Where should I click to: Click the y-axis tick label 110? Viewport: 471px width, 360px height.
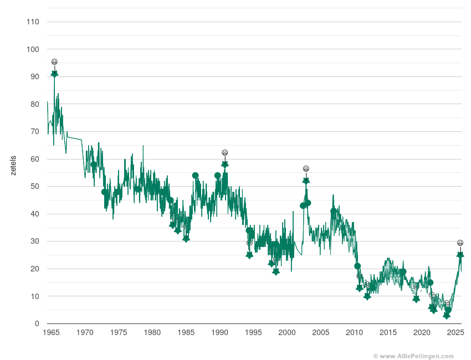click(33, 22)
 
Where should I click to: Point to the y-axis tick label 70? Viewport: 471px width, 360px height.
click(34, 132)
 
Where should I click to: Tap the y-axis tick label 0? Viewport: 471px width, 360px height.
click(37, 324)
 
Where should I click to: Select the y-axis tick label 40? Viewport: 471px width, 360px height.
click(34, 214)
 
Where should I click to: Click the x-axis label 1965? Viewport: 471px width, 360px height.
click(51, 333)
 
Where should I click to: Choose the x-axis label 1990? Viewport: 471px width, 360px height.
click(219, 333)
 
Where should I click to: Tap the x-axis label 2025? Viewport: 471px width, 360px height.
click(455, 333)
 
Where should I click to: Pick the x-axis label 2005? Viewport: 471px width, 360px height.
click(321, 333)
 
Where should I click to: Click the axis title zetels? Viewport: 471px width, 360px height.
click(13, 166)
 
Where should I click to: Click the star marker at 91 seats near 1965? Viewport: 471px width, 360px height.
click(54, 74)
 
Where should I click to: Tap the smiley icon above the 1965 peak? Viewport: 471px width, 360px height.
click(54, 62)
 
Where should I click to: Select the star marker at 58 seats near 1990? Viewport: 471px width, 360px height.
click(225, 164)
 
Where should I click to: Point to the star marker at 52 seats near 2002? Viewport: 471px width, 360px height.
click(306, 181)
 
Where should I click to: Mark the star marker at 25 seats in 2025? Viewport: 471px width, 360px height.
click(460, 255)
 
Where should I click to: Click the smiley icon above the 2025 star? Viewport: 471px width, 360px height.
click(460, 243)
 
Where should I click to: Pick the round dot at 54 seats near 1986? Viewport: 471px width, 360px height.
click(196, 176)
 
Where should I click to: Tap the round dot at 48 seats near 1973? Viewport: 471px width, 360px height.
click(104, 192)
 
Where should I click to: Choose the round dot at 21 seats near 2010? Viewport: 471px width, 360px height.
click(357, 266)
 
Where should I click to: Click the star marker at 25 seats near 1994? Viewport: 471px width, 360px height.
click(249, 255)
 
